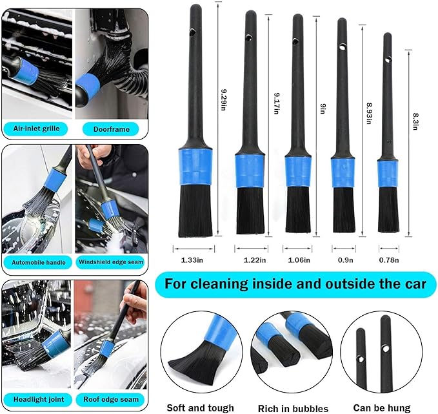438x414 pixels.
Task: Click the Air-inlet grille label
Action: (x=37, y=129)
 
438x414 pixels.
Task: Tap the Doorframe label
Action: (x=111, y=129)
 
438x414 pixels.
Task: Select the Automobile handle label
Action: (x=37, y=262)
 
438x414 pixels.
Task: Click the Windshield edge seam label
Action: (x=111, y=262)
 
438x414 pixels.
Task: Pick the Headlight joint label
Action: (x=37, y=398)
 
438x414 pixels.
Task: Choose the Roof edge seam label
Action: (x=111, y=398)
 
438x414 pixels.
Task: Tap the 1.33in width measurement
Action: (x=193, y=260)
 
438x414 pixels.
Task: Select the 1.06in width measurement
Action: (x=299, y=260)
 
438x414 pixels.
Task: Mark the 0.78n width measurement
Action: (x=388, y=260)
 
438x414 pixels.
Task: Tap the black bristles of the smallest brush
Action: (x=388, y=211)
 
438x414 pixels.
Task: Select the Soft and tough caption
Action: (x=200, y=408)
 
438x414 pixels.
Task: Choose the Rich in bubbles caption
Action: (x=292, y=408)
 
